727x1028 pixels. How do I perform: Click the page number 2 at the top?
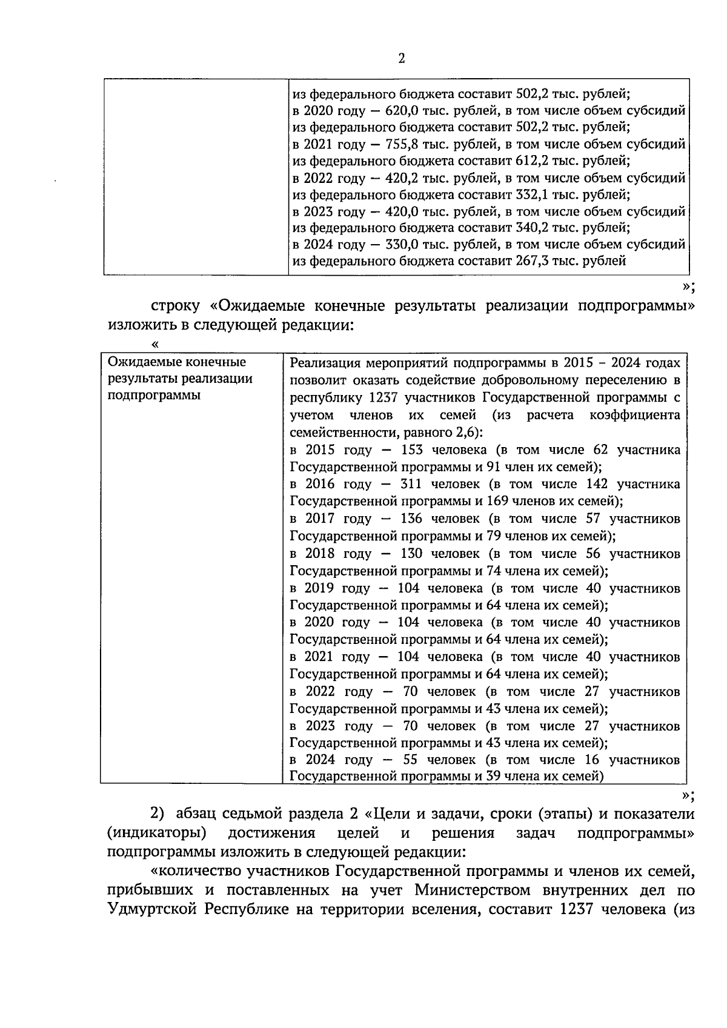401,58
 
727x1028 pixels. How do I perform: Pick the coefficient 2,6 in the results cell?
463,433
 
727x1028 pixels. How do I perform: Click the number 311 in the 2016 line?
411,484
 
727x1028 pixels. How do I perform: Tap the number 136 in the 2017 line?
411,519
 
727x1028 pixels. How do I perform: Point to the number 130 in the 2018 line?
411,553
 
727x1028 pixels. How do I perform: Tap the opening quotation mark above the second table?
156,344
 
